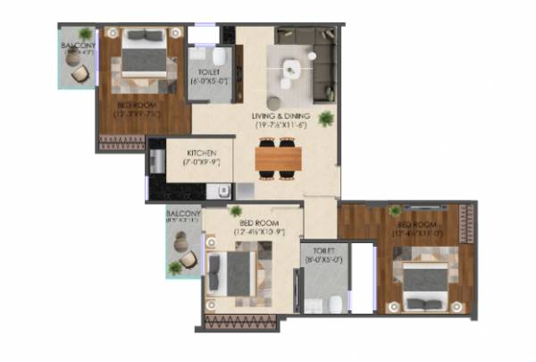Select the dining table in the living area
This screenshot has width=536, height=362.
(280, 158)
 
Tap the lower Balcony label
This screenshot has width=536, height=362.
(183, 215)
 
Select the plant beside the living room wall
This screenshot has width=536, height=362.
(327, 118)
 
